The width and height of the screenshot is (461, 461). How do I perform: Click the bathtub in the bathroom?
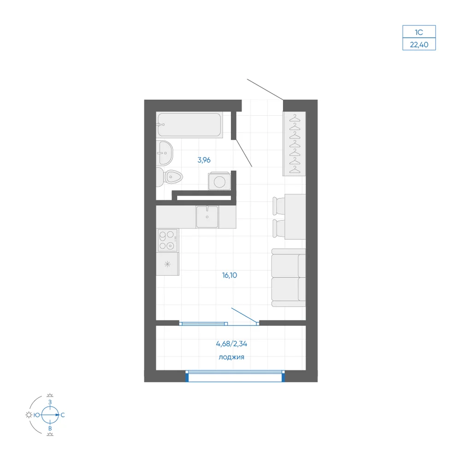click(189, 125)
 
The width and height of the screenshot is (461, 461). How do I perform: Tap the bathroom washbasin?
click(165, 153)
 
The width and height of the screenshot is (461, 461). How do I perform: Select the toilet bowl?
click(169, 177)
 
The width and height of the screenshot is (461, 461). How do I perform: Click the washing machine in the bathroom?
click(219, 181)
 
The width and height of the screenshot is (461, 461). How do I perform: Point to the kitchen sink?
click(207, 217)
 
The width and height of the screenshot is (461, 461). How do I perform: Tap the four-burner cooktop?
click(167, 240)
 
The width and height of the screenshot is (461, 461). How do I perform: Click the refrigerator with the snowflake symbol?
click(167, 264)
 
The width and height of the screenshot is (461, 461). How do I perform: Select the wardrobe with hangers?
click(294, 144)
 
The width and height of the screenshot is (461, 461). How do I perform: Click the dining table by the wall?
click(295, 217)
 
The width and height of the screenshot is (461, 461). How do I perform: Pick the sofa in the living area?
click(289, 278)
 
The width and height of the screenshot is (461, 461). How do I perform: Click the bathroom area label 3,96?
click(204, 160)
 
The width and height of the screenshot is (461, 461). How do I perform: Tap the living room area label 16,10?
click(230, 275)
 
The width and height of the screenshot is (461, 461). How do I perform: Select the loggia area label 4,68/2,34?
click(232, 344)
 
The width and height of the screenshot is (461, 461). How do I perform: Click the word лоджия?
click(231, 357)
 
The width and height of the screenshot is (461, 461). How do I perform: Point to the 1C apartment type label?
click(419, 32)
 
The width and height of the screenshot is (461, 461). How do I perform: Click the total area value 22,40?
click(419, 45)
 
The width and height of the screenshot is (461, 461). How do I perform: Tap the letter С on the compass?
click(63, 415)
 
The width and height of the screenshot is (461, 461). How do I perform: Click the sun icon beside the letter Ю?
click(29, 415)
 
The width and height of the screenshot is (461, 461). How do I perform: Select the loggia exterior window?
click(235, 376)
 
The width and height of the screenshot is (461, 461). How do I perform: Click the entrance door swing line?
click(265, 89)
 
